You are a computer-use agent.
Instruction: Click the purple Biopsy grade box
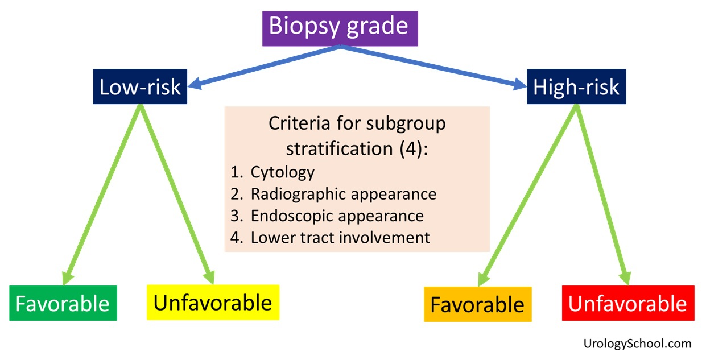[x=340, y=29]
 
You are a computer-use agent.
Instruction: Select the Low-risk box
[x=140, y=86]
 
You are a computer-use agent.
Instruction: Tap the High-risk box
[x=576, y=86]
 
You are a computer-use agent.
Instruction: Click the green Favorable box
[x=63, y=303]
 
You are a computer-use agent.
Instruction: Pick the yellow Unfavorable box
[x=213, y=303]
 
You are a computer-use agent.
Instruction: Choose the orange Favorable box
[x=478, y=304]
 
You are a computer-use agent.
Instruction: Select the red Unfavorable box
[x=628, y=303]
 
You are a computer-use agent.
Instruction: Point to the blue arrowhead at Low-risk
[x=195, y=84]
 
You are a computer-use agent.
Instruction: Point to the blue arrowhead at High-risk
[x=519, y=84]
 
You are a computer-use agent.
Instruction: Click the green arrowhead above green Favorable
[x=67, y=278]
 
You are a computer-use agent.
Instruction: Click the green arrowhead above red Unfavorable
[x=625, y=278]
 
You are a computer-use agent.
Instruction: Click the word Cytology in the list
[x=282, y=172]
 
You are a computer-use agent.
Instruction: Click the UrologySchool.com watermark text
[x=638, y=344]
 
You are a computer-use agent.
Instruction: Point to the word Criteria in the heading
[x=299, y=123]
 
